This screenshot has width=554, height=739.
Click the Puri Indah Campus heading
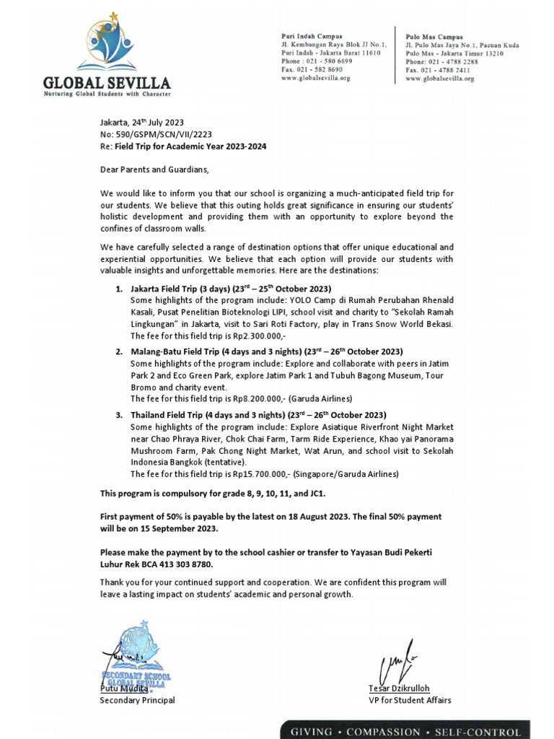coord(312,35)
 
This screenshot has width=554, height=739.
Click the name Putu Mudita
coord(123,689)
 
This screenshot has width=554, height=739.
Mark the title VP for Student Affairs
coord(410,700)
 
